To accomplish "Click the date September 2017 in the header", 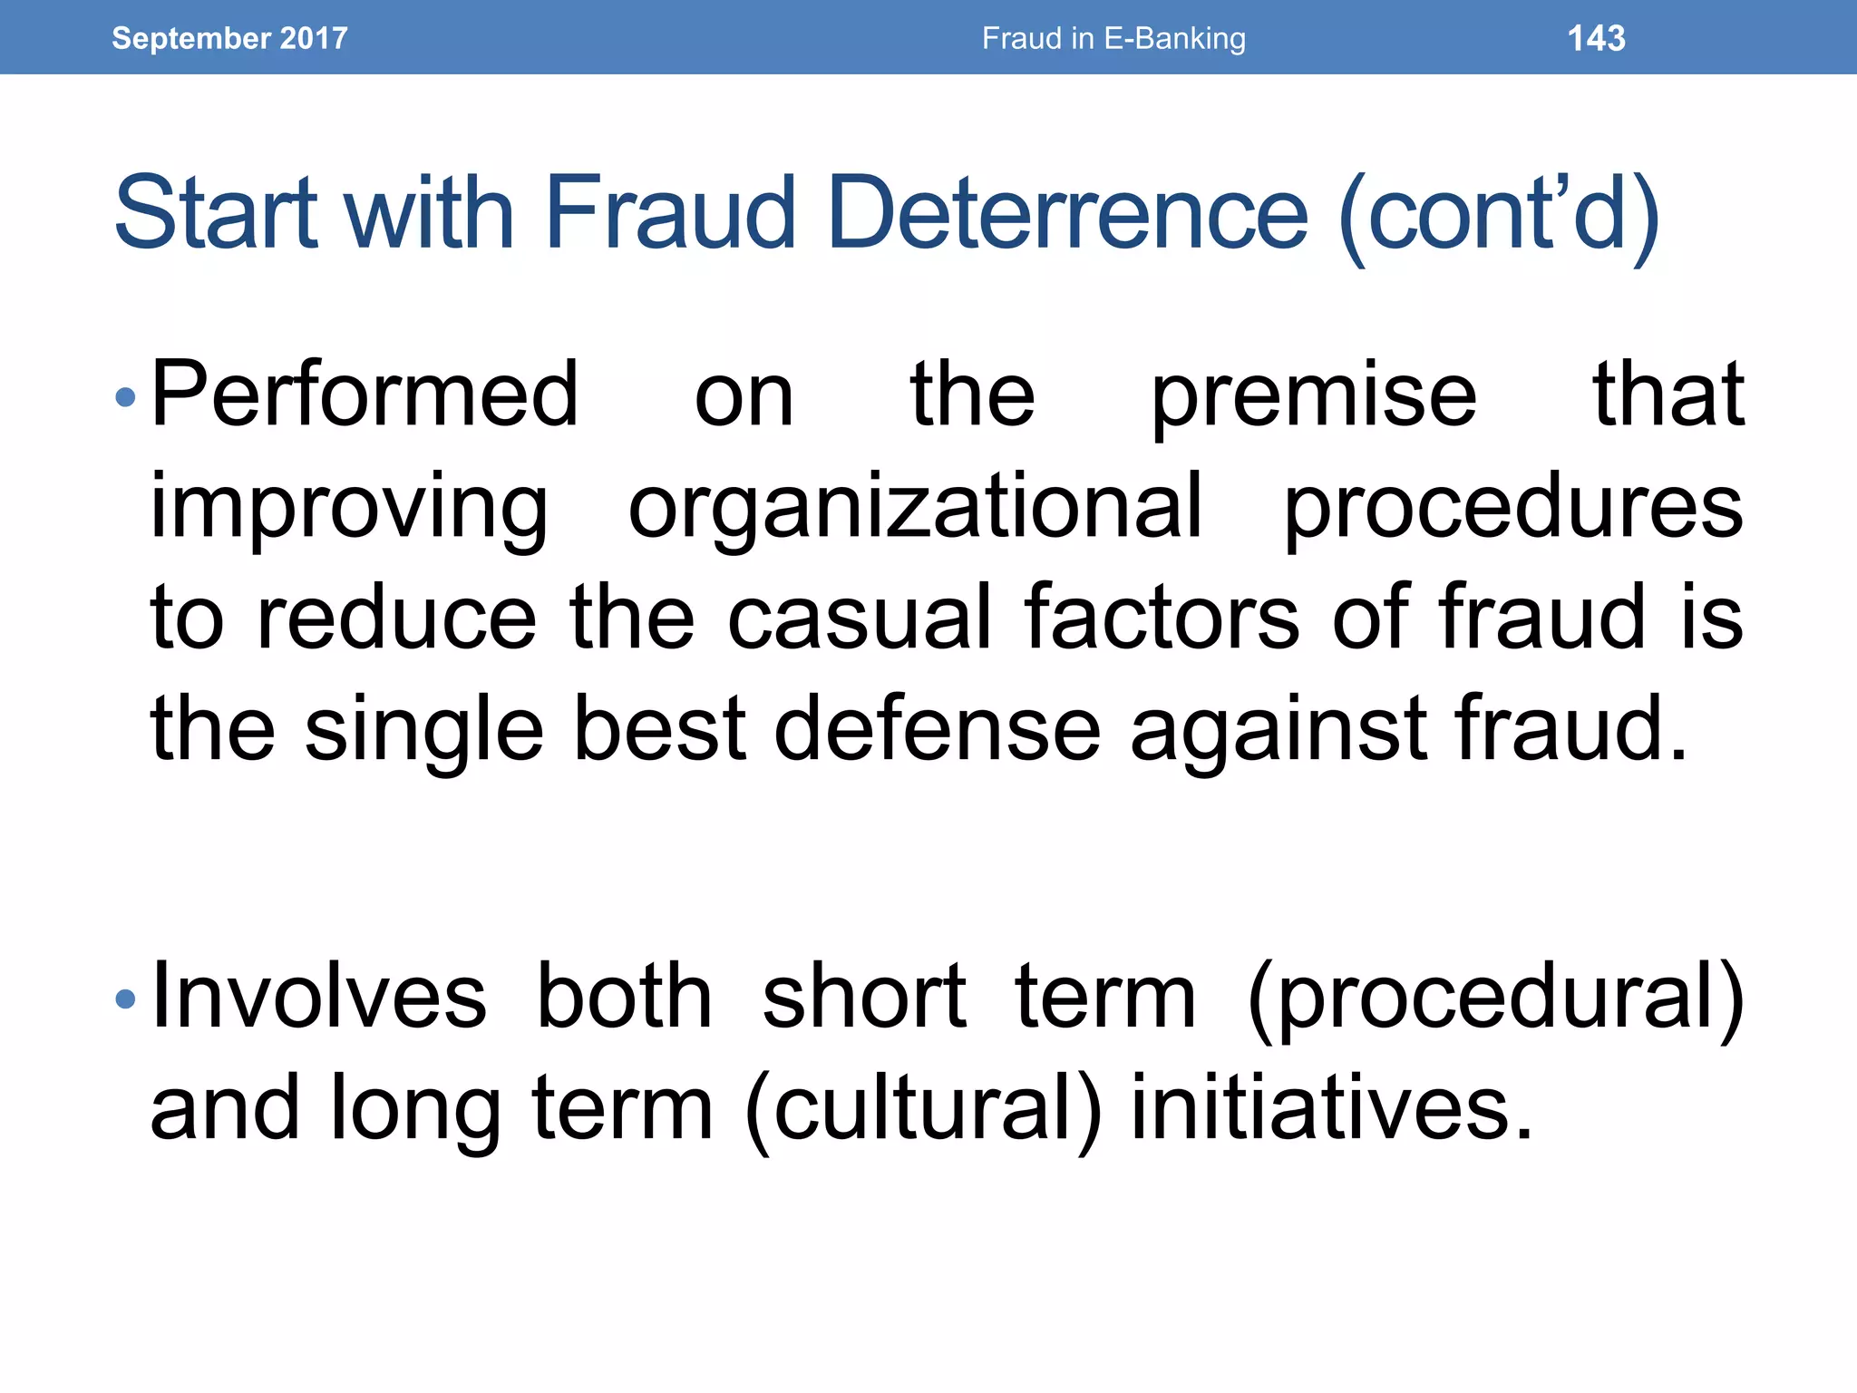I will (229, 38).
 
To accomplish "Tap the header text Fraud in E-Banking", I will (1113, 38).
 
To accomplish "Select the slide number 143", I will (1596, 38).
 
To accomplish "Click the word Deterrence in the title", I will (1068, 213).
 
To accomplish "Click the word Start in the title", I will (216, 213).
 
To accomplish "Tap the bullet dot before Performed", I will (126, 396).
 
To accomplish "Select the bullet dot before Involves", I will (126, 999).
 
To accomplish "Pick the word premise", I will (1314, 396).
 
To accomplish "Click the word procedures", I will (1513, 508).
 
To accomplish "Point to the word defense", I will (937, 728).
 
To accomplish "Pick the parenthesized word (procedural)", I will (1496, 999).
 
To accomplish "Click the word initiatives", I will (1331, 1107).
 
